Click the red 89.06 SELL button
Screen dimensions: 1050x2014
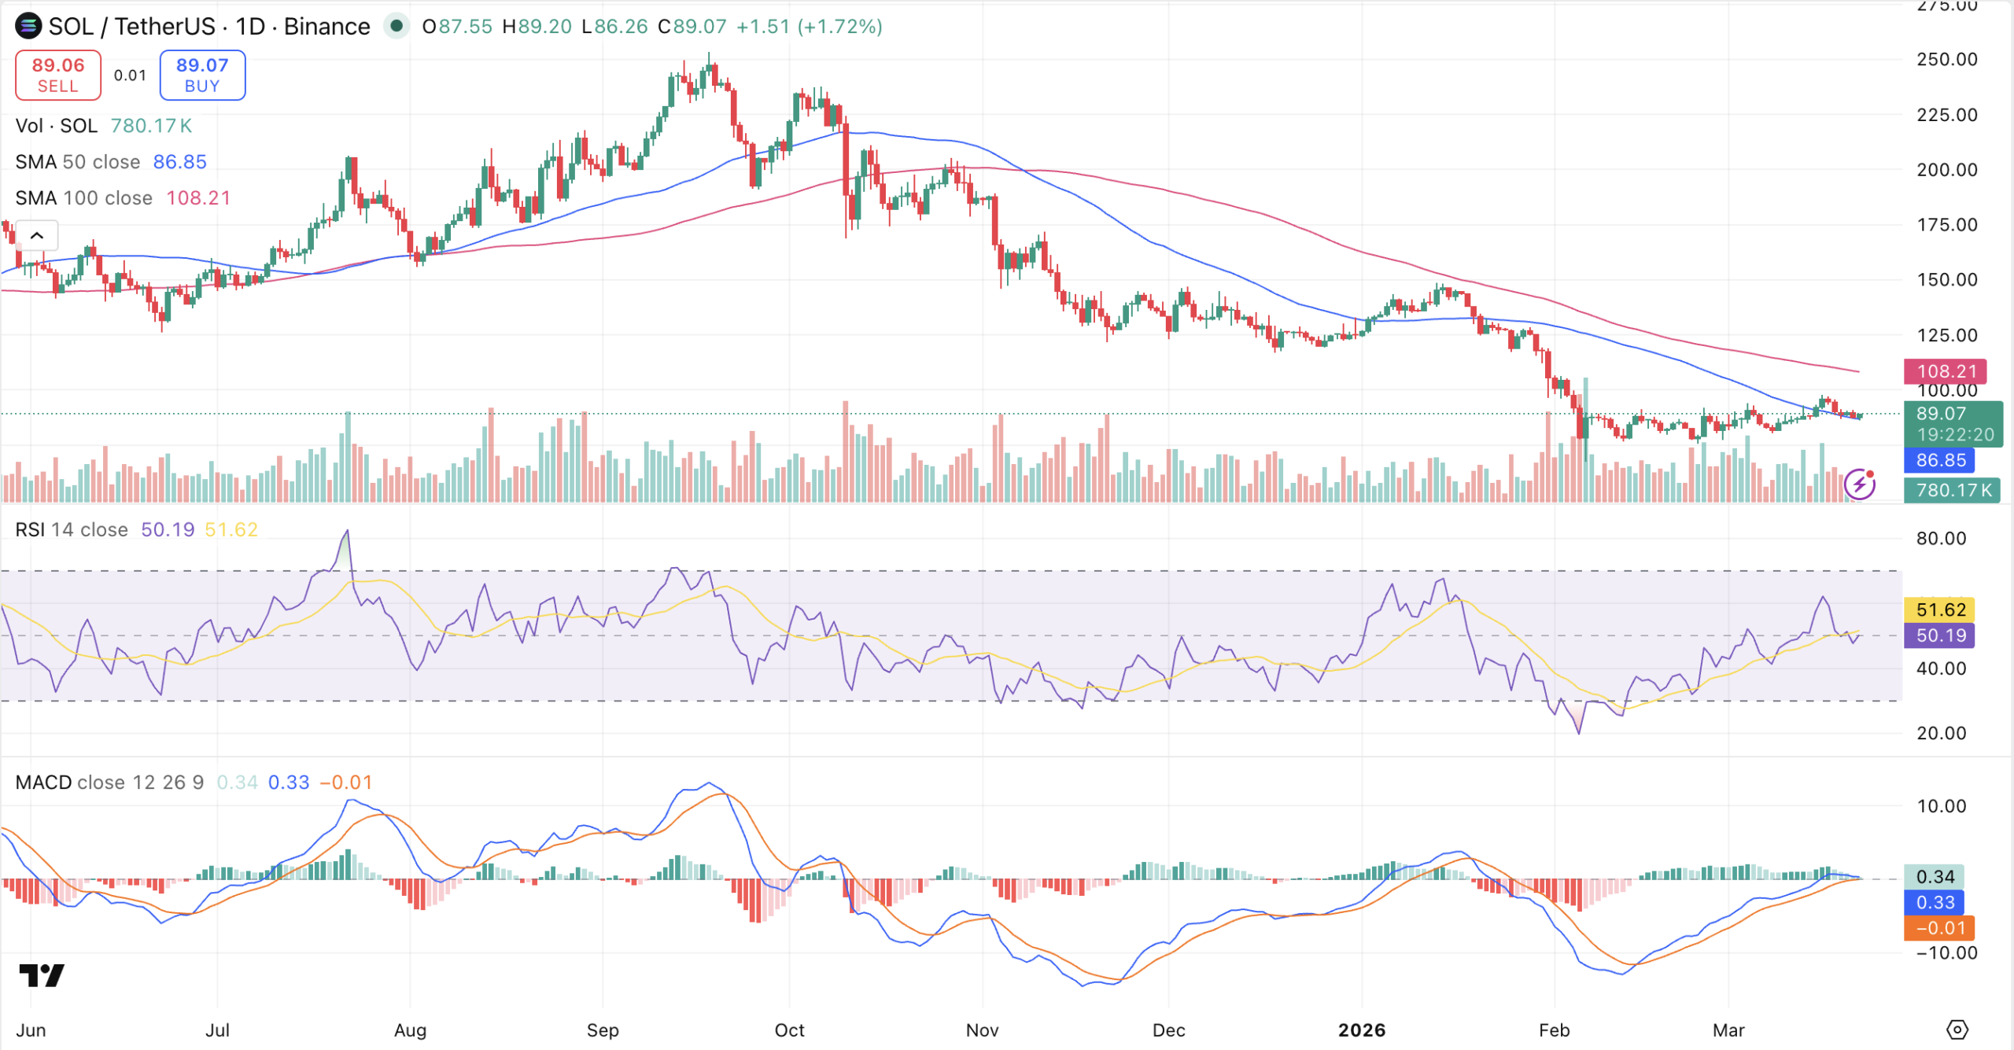pyautogui.click(x=58, y=75)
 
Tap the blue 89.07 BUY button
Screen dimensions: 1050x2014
pyautogui.click(x=202, y=75)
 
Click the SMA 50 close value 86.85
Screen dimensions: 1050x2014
pyautogui.click(x=179, y=162)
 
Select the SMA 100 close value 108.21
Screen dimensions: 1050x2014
pyautogui.click(x=198, y=198)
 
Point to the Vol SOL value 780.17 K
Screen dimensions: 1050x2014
pyautogui.click(x=151, y=126)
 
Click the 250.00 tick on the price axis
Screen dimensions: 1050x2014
pyautogui.click(x=1946, y=60)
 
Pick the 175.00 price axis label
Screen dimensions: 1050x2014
pyautogui.click(x=1946, y=225)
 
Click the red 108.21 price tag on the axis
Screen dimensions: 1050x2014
pyautogui.click(x=1946, y=371)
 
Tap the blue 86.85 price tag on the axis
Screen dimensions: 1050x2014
pyautogui.click(x=1940, y=460)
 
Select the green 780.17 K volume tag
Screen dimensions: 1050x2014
pyautogui.click(x=1953, y=491)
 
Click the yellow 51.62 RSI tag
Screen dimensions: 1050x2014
pyautogui.click(x=1940, y=610)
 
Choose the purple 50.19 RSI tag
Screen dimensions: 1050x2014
pyautogui.click(x=1940, y=636)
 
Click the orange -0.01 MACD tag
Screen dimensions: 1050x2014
pyautogui.click(x=1940, y=928)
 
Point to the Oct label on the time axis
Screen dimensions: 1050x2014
pyautogui.click(x=789, y=1030)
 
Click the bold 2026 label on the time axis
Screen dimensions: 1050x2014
pyautogui.click(x=1362, y=1030)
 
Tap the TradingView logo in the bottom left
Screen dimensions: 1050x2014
pyautogui.click(x=42, y=976)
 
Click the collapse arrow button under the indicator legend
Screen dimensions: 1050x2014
pyautogui.click(x=37, y=235)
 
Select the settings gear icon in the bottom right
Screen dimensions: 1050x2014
pyautogui.click(x=1957, y=1030)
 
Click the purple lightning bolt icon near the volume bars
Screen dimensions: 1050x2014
pyautogui.click(x=1860, y=484)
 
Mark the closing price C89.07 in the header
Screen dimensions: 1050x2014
pyautogui.click(x=692, y=27)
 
